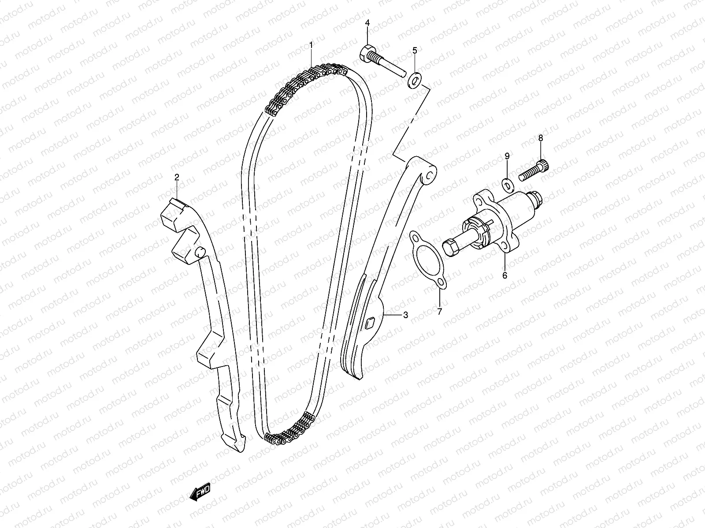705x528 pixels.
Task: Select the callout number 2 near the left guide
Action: (x=177, y=177)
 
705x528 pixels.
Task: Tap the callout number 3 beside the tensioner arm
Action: (x=405, y=315)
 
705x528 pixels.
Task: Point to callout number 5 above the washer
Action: (x=414, y=51)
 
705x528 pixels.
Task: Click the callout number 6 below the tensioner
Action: (x=505, y=275)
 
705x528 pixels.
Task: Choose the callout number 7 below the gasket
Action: (x=439, y=312)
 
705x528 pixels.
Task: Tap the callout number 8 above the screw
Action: (x=541, y=138)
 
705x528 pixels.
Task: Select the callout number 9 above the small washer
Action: (x=507, y=156)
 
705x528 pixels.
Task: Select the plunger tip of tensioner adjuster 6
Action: (x=450, y=248)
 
